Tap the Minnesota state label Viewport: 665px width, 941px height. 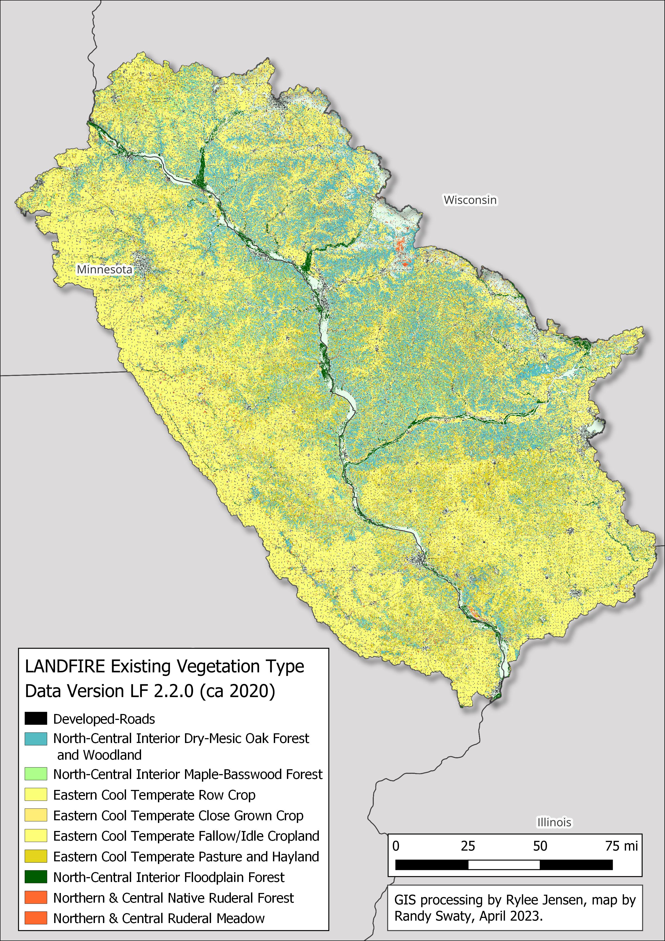[x=105, y=270]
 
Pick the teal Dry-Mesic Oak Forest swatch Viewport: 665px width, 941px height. [x=36, y=739]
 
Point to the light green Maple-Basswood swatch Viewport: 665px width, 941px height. [x=36, y=774]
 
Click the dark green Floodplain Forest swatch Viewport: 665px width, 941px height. [x=36, y=877]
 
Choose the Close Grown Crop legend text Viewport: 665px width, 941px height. [x=178, y=816]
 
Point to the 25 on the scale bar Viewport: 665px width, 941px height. [x=468, y=846]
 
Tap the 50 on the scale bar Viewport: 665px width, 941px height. [x=540, y=846]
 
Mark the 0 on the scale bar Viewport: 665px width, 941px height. [x=396, y=846]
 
